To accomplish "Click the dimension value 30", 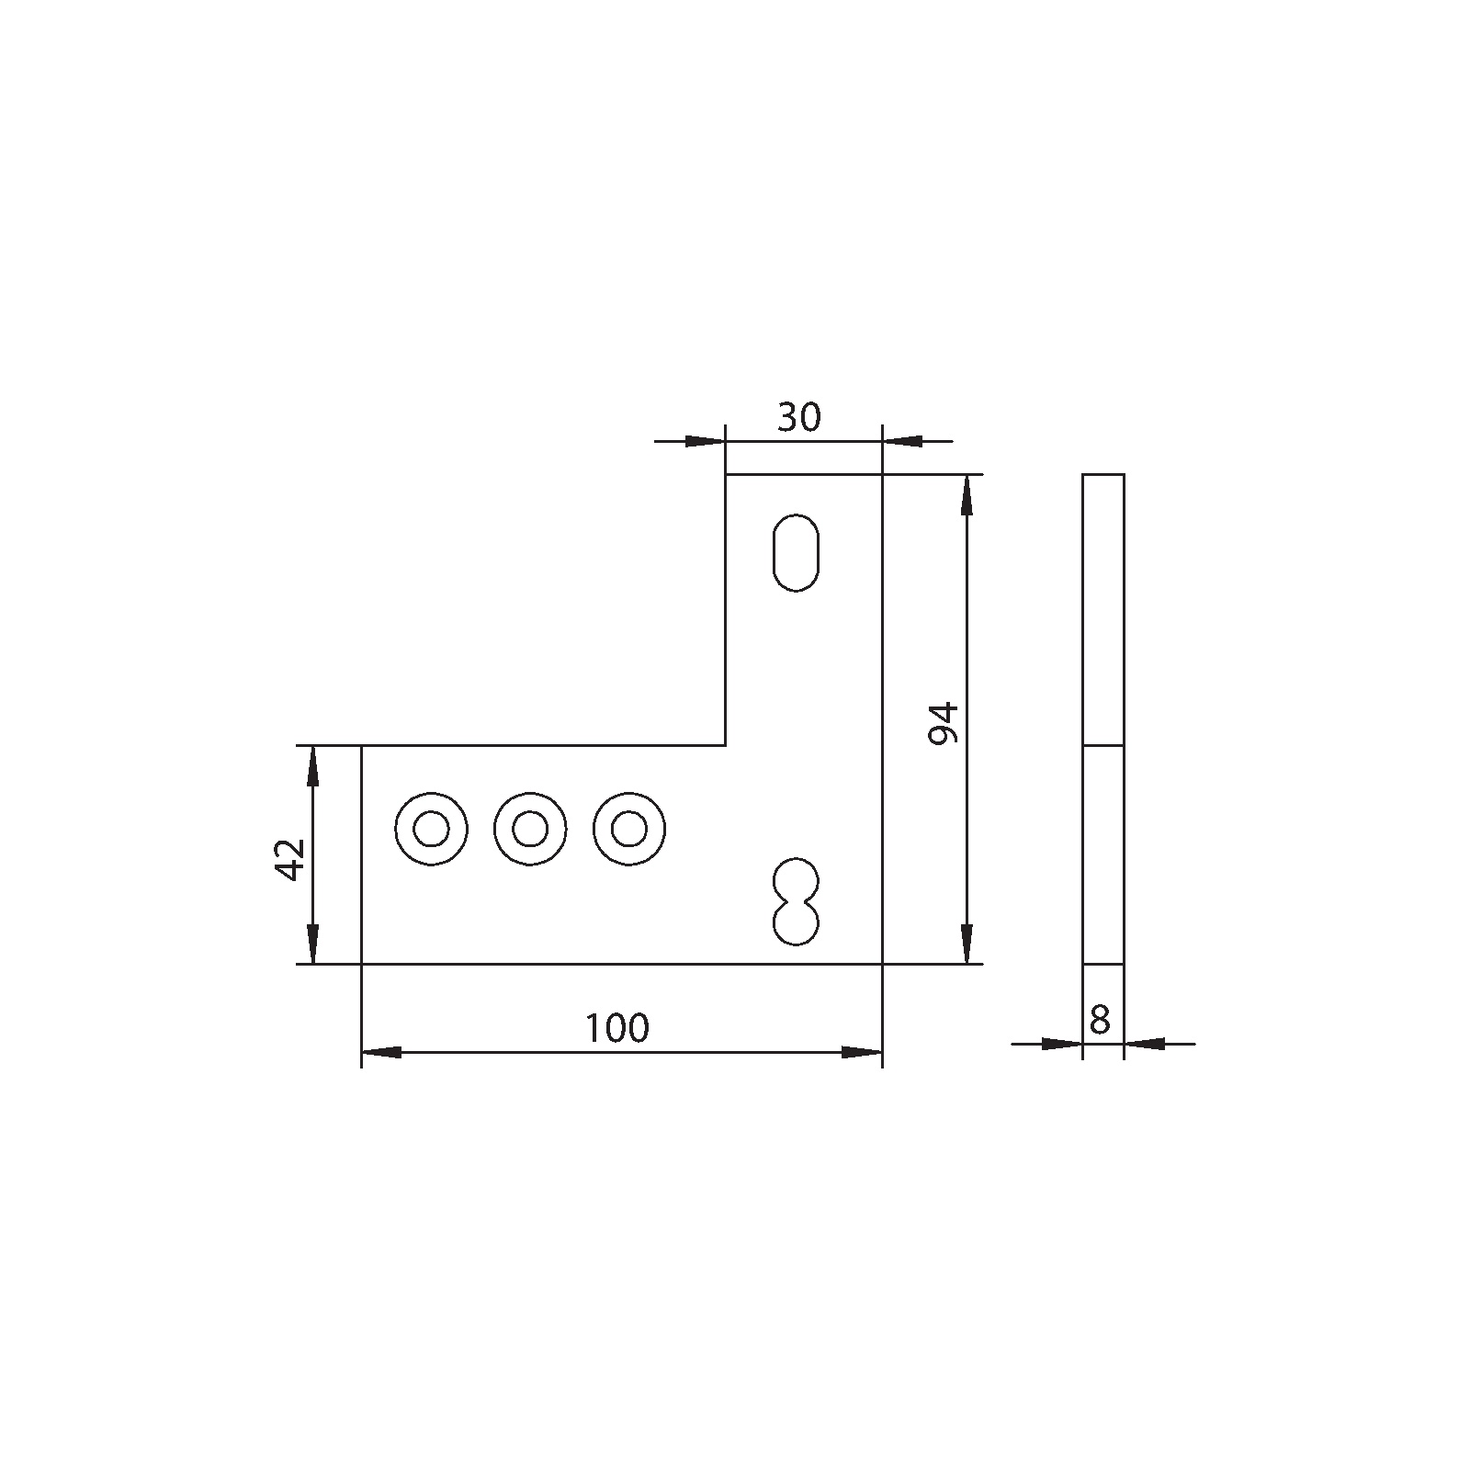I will click(x=798, y=418).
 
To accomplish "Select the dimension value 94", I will click(x=944, y=723).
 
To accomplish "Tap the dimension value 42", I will click(x=290, y=859).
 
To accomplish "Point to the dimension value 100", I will click(x=617, y=1028).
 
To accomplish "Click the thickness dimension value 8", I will click(x=1099, y=1021).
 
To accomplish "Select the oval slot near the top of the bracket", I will click(x=796, y=552).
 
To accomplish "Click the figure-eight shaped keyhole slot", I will click(x=796, y=901).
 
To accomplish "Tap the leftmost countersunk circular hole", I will click(x=431, y=830).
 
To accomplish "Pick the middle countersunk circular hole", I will click(x=529, y=830).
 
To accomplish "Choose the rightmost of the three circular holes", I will click(x=628, y=830).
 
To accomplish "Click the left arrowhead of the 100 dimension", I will click(x=379, y=1052).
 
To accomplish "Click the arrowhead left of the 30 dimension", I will click(x=706, y=441).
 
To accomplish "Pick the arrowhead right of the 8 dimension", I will click(x=1145, y=1044).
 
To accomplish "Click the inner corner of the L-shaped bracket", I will click(x=726, y=745).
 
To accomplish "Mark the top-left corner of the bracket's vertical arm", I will click(x=726, y=474).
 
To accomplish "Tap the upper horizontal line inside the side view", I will click(x=1103, y=745).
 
